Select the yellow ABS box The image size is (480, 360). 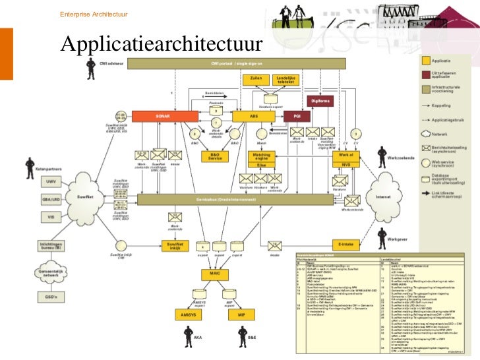[x=253, y=117]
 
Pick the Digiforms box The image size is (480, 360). [x=320, y=100]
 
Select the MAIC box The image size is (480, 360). [x=214, y=274]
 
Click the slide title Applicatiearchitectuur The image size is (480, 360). [x=161, y=43]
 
